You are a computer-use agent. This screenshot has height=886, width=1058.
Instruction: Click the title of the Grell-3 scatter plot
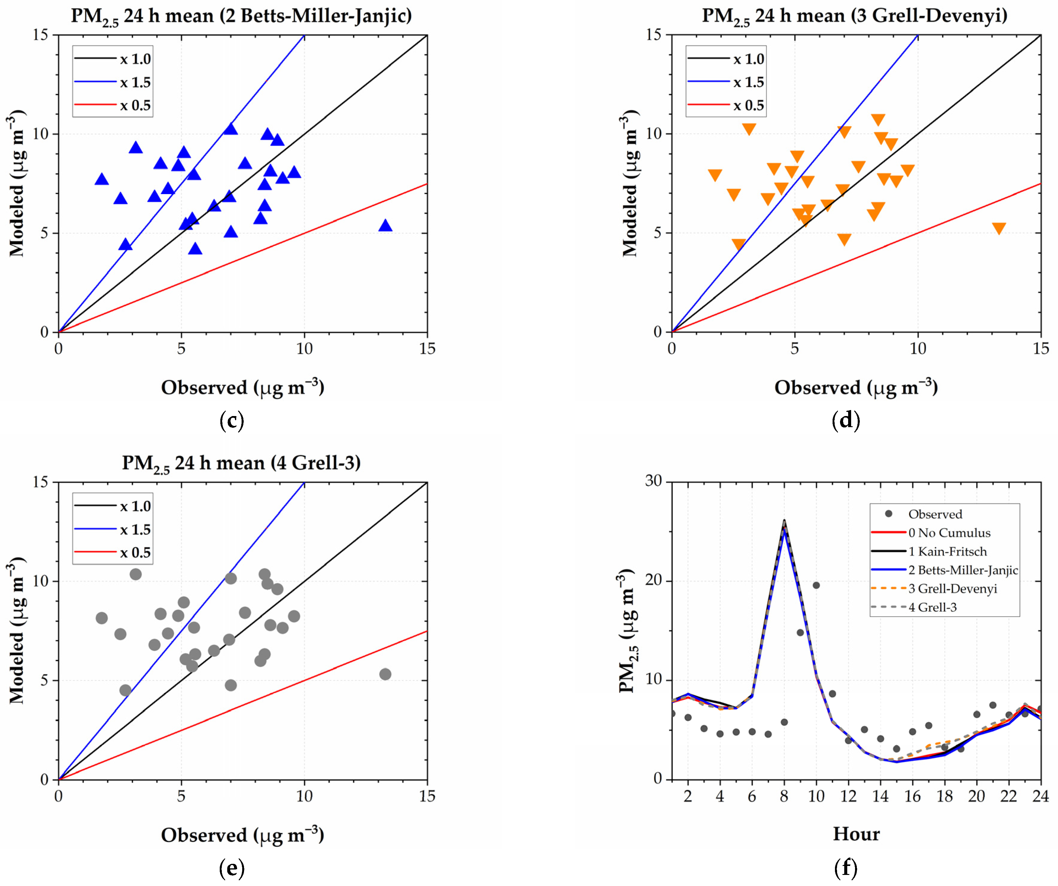[x=241, y=463]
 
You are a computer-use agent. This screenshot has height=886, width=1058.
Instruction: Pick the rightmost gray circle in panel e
[x=385, y=674]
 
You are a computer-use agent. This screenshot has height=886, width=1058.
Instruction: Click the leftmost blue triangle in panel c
[x=102, y=179]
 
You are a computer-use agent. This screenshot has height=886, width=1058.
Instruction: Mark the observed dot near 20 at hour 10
[x=816, y=585]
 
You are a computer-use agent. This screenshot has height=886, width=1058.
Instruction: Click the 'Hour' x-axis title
[x=856, y=834]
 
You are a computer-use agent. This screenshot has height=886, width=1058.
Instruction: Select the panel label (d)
[x=846, y=420]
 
